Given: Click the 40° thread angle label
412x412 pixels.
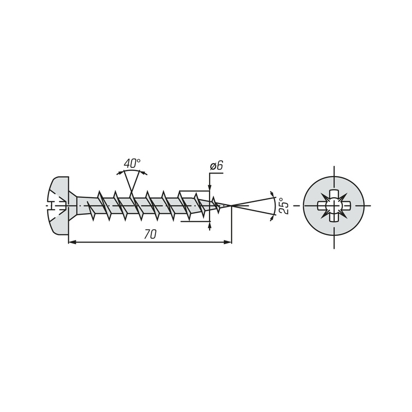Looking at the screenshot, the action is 132,163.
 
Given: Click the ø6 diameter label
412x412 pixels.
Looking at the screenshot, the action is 216,166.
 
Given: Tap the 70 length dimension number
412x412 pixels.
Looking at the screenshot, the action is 150,234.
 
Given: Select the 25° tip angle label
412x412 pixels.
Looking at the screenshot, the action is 284,205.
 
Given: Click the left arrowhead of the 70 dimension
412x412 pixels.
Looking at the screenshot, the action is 72,242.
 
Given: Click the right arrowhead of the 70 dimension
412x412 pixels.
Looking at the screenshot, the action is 228,242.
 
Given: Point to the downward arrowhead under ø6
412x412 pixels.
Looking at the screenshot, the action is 210,186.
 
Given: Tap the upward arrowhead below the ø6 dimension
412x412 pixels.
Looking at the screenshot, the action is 210,226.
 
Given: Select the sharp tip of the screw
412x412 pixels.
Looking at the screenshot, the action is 231,205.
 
